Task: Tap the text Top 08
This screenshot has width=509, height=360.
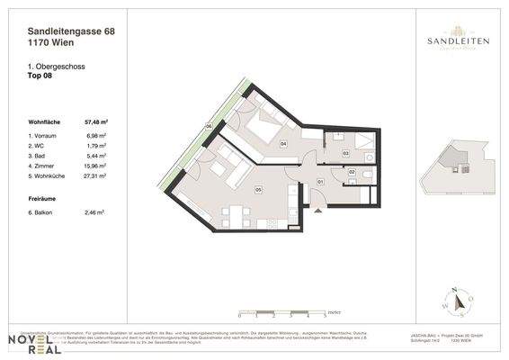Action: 42,76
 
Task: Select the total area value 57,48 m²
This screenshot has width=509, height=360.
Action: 95,119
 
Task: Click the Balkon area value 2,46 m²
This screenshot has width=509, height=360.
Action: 95,212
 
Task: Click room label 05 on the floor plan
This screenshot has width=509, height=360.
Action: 258,191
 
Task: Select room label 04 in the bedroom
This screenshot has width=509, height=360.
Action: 283,143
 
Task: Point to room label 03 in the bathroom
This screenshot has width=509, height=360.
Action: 345,154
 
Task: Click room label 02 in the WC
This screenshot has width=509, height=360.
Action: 352,172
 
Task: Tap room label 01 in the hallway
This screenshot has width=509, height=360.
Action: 320,182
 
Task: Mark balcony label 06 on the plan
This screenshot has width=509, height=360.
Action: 208,128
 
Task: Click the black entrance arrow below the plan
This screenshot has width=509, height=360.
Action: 315,211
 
